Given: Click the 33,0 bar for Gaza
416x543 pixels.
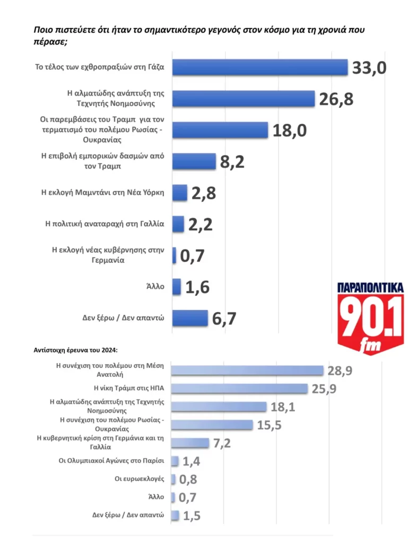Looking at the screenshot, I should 260,67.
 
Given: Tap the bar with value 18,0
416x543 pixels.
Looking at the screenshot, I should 220,130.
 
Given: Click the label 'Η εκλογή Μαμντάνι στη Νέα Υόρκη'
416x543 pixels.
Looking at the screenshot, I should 103,192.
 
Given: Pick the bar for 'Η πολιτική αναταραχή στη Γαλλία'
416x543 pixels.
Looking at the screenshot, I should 178,224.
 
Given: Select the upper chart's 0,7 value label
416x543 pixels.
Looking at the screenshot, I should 192,256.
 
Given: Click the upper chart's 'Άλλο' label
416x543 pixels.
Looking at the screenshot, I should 157,287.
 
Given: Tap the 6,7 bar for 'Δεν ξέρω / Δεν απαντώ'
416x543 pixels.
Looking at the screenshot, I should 190,318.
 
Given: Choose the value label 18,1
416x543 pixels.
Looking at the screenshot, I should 284,407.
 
